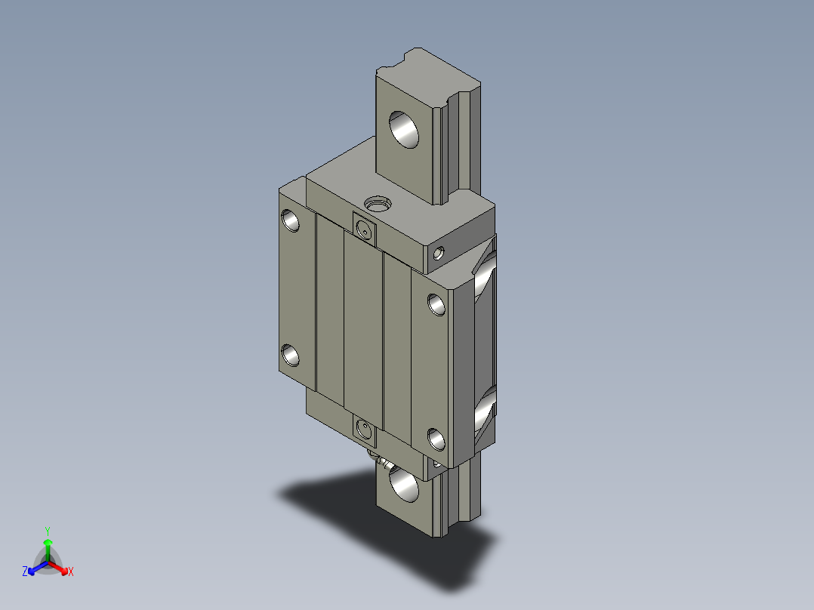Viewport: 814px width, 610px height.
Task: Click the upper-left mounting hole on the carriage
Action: click(290, 220)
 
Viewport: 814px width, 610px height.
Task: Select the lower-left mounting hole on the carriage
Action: click(290, 356)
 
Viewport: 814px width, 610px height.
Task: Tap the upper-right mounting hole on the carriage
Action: click(436, 303)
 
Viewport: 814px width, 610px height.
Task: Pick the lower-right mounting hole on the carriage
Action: click(436, 439)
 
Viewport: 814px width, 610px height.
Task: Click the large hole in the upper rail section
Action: click(405, 131)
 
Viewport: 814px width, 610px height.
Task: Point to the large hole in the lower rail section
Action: click(403, 485)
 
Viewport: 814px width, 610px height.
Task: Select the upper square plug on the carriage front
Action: click(364, 228)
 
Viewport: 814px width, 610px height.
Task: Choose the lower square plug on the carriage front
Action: click(364, 431)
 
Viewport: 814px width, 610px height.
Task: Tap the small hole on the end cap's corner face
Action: click(439, 254)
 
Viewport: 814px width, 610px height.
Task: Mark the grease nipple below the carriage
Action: click(376, 457)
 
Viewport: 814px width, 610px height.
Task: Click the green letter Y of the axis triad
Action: click(47, 531)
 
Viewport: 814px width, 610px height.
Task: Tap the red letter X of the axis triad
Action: click(70, 572)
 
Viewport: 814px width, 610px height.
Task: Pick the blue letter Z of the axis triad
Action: click(25, 572)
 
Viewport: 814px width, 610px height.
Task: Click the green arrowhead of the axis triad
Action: click(48, 542)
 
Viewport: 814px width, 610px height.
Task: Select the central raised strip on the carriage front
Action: click(363, 332)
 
